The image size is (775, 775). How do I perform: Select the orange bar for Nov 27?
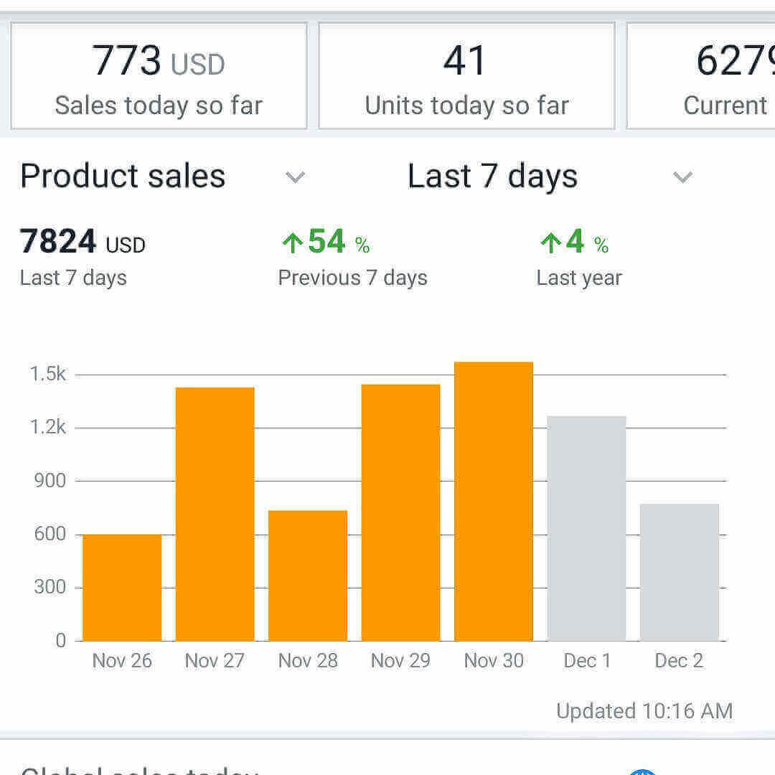pos(215,514)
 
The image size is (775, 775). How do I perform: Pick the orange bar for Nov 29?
pos(400,512)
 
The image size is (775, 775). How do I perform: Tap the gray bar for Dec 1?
pos(586,528)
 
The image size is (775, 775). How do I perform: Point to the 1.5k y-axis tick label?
pos(48,374)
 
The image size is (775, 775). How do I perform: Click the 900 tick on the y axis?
pos(50,480)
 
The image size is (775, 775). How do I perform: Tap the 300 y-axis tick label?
pos(50,587)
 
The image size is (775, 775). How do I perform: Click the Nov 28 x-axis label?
pos(308,660)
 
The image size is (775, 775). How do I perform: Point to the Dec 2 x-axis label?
pos(679,660)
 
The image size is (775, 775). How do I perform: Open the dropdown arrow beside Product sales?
pos(295,177)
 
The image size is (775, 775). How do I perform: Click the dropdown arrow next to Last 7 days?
pos(682,177)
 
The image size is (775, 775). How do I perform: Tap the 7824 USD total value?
pos(83,242)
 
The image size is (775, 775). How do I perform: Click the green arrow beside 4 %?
pos(550,243)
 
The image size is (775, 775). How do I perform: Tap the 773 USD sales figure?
pos(159,61)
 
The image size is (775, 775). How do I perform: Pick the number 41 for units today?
pos(465,61)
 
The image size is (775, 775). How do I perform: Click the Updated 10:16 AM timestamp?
pos(644,711)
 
